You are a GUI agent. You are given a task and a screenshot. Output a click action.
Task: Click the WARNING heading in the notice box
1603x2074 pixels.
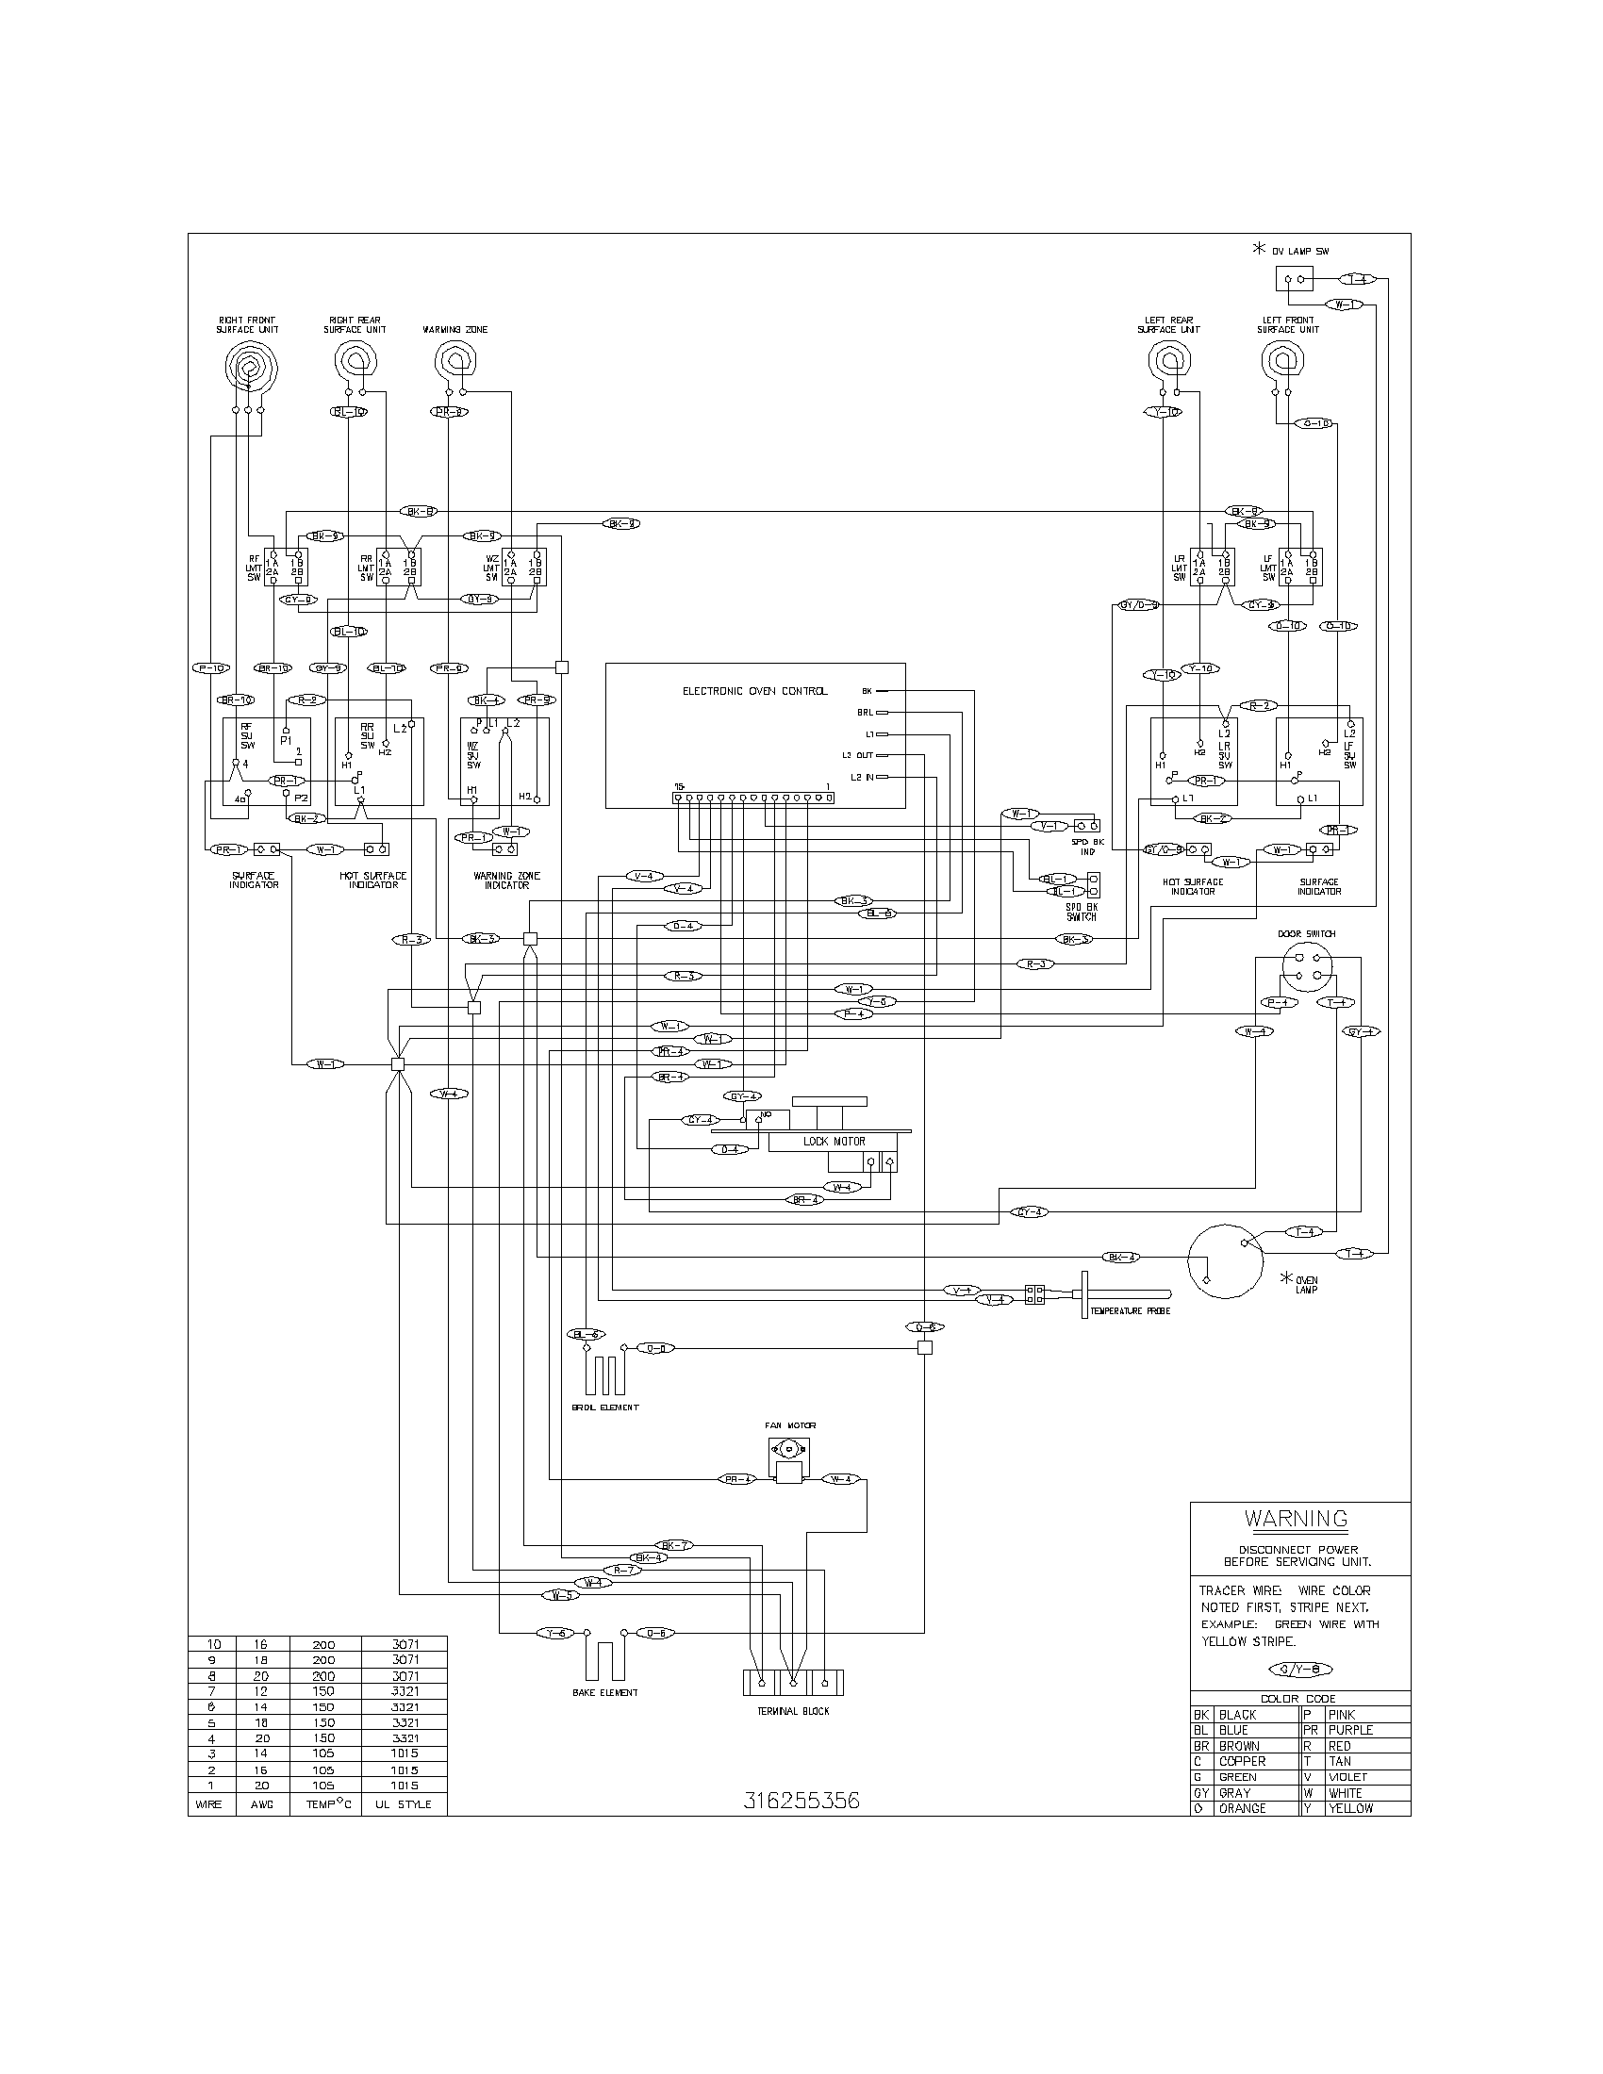coord(1297,1519)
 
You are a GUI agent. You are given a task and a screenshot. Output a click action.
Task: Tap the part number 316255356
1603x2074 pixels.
coord(801,1802)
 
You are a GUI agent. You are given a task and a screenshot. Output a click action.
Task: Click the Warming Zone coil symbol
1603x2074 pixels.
coord(455,361)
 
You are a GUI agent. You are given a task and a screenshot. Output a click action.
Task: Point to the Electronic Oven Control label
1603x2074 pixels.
coord(755,691)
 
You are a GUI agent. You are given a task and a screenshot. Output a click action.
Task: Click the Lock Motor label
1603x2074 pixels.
coord(834,1142)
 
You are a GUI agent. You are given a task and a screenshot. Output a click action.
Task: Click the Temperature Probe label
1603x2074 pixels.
coord(1130,1310)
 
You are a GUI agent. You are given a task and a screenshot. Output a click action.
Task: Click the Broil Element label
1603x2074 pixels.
coord(605,1407)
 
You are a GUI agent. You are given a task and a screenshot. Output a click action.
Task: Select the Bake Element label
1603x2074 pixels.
coord(605,1692)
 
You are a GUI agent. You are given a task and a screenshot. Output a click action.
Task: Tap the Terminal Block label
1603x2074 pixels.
coord(795,1710)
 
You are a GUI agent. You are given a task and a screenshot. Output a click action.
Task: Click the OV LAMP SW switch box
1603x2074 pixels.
coord(1294,279)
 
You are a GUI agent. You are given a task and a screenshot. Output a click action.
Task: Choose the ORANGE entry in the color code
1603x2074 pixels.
coord(1242,1808)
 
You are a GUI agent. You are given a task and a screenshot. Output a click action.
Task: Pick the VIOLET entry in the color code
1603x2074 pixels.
coord(1347,1777)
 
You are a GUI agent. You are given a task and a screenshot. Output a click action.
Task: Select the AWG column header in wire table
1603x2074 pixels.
coord(262,1804)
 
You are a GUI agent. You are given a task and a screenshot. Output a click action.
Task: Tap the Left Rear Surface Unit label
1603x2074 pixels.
coord(1168,325)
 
